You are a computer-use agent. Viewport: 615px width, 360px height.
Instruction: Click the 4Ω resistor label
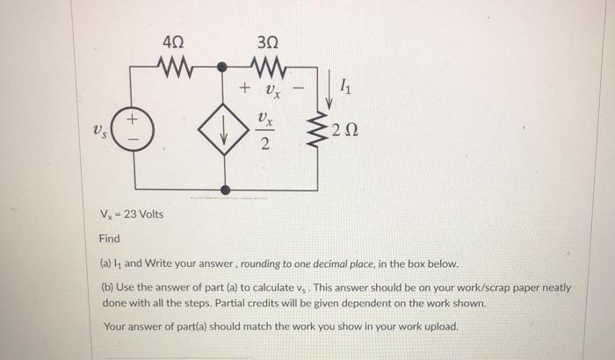click(x=173, y=40)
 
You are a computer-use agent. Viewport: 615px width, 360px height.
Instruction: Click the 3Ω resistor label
click(x=270, y=40)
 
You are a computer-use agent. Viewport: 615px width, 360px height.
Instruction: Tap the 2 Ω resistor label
click(x=345, y=133)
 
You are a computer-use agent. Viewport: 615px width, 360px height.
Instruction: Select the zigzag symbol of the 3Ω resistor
click(x=270, y=66)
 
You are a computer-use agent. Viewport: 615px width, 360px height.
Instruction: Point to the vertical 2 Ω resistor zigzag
click(x=318, y=132)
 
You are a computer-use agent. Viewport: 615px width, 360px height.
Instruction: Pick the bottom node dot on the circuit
click(x=225, y=189)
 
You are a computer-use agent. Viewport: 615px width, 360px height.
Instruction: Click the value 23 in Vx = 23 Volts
click(x=130, y=216)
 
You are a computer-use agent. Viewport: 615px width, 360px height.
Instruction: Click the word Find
click(x=109, y=239)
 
